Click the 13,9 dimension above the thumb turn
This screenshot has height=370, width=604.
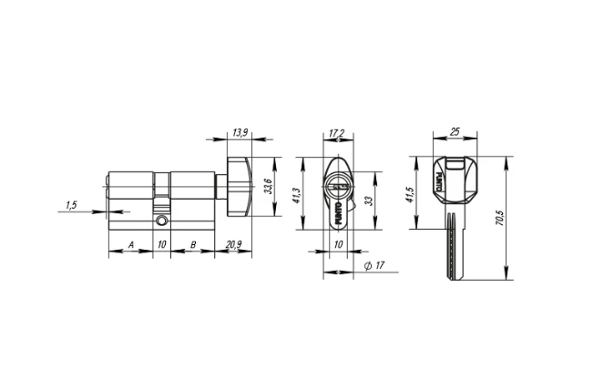tap(241, 133)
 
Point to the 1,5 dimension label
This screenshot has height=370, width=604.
tap(72, 205)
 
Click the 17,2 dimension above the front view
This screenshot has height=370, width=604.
tap(336, 133)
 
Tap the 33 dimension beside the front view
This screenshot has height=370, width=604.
tap(367, 200)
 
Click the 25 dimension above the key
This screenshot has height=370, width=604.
tap(454, 133)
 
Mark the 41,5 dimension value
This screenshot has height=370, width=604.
tap(412, 194)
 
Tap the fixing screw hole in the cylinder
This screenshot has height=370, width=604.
tap(161, 221)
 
